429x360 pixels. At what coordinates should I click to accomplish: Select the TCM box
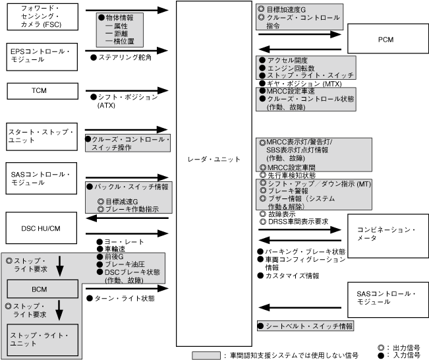[39, 90]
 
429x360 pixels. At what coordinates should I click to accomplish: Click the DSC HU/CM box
[39, 228]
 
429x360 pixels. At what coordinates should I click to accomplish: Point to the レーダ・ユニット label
[215, 160]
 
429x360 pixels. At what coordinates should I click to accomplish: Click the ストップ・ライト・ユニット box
[42, 339]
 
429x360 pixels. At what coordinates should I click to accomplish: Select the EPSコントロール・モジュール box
[39, 55]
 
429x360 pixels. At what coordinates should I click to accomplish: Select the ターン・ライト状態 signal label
[125, 299]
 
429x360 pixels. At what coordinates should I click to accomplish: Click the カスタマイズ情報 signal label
[290, 276]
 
